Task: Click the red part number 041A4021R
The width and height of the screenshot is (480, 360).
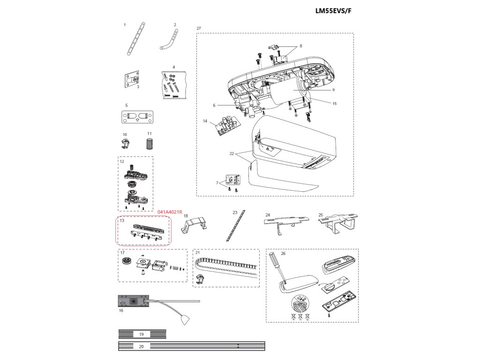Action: point(170,212)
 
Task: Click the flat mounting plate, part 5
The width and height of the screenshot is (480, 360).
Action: point(137,116)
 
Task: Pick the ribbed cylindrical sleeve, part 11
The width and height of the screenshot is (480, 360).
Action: point(150,144)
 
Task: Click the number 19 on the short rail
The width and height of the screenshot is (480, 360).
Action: point(142,334)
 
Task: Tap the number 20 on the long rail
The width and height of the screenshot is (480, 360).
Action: point(142,346)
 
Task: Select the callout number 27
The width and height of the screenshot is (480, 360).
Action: point(199,29)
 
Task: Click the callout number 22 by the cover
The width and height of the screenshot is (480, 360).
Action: point(232,153)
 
